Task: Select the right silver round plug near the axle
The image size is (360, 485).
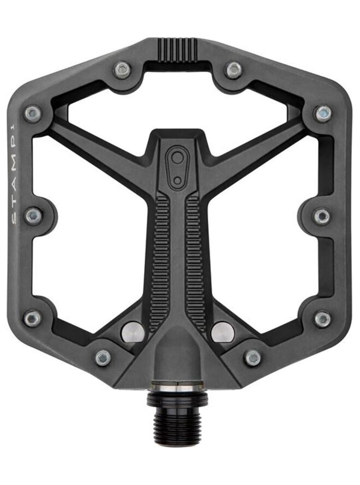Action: coord(221,332)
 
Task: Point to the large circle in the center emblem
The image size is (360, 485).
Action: coord(177,159)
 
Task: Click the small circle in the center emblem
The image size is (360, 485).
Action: coord(177,180)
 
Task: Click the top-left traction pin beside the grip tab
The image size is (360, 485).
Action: coord(122,70)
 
